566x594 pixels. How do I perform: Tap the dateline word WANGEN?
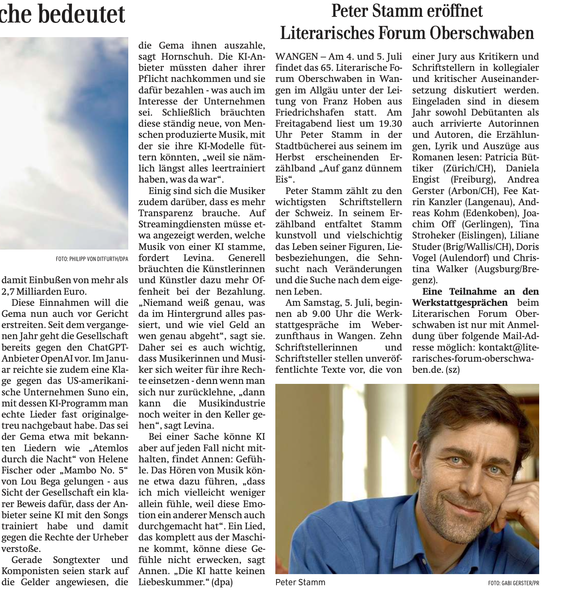tap(296, 57)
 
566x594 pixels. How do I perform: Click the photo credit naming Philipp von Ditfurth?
tap(92, 259)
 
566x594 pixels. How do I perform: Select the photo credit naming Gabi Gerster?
tap(514, 584)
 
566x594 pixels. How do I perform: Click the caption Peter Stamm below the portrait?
tap(300, 583)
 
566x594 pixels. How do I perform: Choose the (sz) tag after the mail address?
tap(453, 370)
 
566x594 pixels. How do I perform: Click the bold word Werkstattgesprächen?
tap(460, 303)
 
